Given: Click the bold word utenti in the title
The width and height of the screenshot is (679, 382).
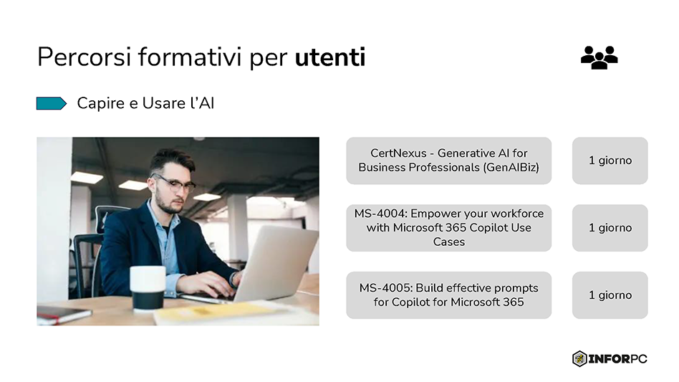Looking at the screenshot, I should (329, 57).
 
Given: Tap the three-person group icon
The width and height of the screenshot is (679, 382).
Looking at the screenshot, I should (599, 57).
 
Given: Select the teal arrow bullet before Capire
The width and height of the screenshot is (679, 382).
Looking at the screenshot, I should (51, 104).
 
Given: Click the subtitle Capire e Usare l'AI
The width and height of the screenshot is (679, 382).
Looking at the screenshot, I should (145, 104).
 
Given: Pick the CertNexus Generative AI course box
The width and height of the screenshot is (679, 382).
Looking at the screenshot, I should (448, 161).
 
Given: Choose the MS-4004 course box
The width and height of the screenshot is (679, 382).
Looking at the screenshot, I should (448, 228).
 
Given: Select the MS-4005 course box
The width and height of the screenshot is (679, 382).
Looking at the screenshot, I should (448, 295).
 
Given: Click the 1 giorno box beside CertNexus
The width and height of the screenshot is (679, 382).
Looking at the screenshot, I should (610, 161).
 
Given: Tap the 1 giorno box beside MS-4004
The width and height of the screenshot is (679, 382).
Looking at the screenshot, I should (610, 228).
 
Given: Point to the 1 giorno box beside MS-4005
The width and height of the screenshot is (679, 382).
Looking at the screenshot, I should (610, 295).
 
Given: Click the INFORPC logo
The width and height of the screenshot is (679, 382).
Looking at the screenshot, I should (610, 358).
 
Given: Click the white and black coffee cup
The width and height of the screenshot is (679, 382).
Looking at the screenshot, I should (148, 287).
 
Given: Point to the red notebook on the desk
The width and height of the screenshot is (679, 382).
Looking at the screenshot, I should (62, 314).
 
